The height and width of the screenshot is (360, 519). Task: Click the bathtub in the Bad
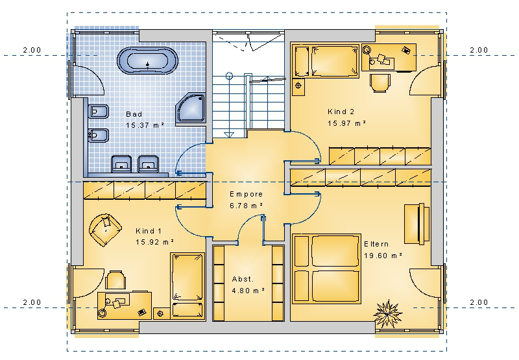coord(148,61)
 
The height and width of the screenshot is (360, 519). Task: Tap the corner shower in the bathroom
coord(191,108)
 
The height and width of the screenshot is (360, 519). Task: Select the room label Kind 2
coord(341,112)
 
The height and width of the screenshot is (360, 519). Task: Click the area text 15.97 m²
coord(346,123)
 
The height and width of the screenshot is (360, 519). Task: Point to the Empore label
coord(247,194)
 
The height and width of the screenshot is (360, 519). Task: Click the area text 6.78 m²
coord(247,206)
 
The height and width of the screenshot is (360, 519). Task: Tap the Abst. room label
coord(243,280)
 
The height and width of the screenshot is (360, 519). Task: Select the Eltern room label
coord(376,244)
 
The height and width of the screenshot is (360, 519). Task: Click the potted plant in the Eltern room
coord(387,313)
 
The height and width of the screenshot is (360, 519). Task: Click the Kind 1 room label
coord(149,231)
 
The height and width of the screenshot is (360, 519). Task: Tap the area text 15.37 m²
coord(145,125)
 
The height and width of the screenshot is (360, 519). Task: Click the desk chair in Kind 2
coord(380,82)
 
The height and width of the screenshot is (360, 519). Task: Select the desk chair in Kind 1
coord(115,280)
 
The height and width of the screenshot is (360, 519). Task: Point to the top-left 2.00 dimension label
coord(32,50)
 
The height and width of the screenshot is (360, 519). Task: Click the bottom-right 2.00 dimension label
coord(479,302)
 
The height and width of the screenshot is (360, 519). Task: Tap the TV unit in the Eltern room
coord(416,224)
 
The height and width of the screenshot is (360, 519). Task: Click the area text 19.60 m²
coord(383,256)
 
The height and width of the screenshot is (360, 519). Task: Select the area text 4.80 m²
coord(248,291)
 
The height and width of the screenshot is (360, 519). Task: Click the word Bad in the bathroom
coord(134,114)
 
